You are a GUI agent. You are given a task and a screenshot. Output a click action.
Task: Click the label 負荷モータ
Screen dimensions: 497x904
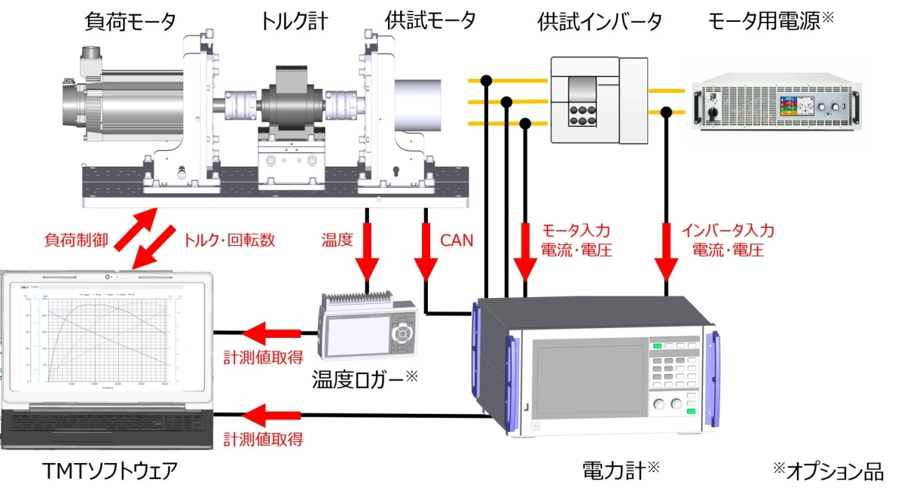(130, 20)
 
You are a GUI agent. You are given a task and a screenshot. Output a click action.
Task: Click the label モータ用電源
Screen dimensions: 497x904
(765, 20)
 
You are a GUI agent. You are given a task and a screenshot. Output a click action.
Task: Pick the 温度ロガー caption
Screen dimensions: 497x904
(359, 379)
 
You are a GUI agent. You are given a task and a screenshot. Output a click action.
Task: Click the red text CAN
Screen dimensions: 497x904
(457, 241)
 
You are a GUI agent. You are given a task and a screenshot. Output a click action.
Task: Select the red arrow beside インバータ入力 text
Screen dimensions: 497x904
(666, 250)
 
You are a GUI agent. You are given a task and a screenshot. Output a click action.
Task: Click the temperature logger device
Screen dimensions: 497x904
(367, 330)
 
